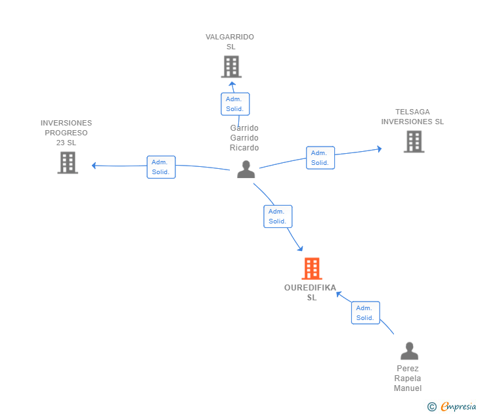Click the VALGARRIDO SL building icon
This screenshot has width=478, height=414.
(x=231, y=66)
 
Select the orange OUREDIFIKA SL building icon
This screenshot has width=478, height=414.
(x=312, y=269)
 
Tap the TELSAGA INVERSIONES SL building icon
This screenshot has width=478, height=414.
(x=414, y=141)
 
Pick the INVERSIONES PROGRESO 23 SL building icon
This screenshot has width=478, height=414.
(x=68, y=162)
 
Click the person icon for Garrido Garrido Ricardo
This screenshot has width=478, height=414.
(x=246, y=170)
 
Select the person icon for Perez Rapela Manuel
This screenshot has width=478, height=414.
(x=410, y=351)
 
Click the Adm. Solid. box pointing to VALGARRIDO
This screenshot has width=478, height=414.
(x=235, y=104)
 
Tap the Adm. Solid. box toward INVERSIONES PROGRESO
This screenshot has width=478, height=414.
(x=162, y=167)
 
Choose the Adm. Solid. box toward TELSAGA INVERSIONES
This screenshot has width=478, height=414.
(x=320, y=158)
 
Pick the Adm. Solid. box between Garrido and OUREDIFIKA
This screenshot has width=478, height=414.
(x=278, y=216)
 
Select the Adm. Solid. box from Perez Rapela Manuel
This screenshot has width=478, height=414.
(x=366, y=313)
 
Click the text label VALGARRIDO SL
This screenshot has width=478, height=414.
(x=230, y=42)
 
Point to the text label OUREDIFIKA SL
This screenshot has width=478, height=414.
(x=311, y=292)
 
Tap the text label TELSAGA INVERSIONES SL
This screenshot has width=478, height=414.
(x=412, y=117)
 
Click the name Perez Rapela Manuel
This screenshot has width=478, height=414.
(x=408, y=379)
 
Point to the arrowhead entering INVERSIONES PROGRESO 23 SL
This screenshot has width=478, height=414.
(x=94, y=166)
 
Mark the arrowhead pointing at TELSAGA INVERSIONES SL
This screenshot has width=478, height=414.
(x=380, y=149)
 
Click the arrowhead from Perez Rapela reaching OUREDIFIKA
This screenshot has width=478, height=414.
(x=339, y=294)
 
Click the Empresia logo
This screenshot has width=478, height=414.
(x=458, y=406)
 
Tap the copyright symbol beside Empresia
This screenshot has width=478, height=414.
(x=432, y=407)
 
